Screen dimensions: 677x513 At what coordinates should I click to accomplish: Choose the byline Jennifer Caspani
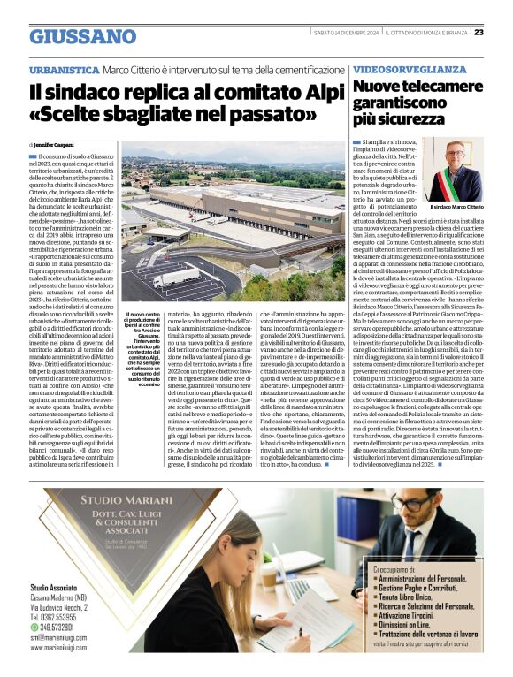56,143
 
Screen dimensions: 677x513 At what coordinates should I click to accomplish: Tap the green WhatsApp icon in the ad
34,628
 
